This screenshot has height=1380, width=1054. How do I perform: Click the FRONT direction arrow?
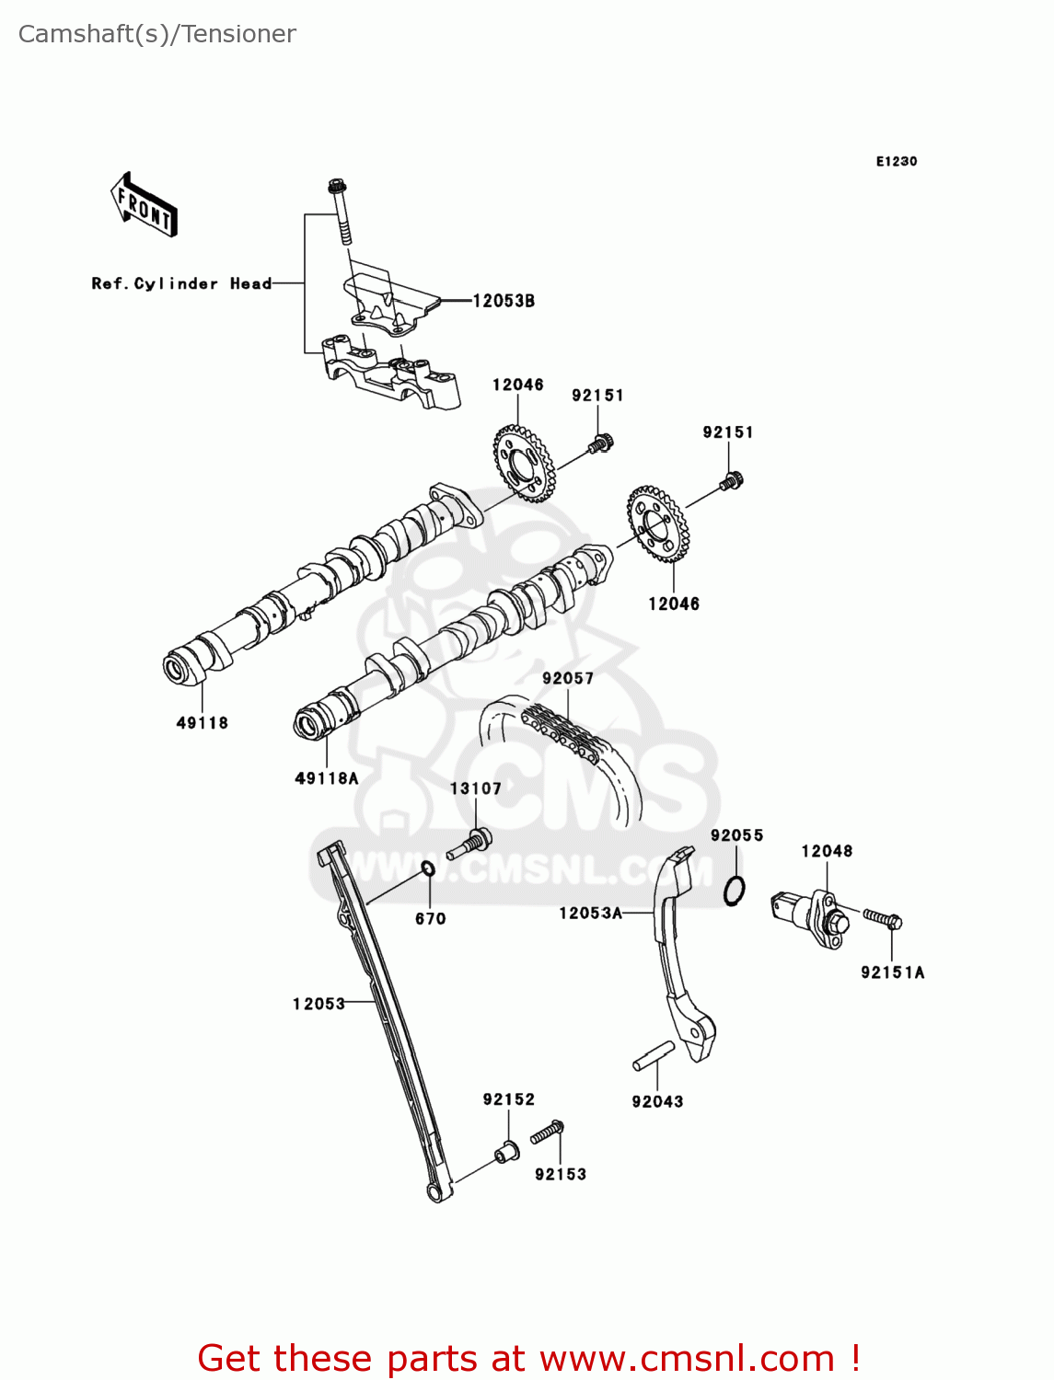click(144, 205)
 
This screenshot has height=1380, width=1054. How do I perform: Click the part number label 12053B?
click(503, 301)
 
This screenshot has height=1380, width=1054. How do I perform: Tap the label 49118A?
click(326, 778)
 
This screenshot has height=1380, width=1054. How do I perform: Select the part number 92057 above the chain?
click(568, 678)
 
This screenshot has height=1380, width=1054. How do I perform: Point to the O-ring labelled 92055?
click(734, 891)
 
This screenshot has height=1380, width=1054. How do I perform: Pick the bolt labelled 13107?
click(471, 844)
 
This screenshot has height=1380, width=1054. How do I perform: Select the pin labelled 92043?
click(654, 1056)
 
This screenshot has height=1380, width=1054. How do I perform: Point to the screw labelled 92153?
click(548, 1133)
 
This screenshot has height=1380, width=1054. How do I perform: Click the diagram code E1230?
click(896, 161)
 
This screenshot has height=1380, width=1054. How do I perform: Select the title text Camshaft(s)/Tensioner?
click(157, 34)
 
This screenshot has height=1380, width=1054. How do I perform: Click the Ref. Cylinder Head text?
click(181, 283)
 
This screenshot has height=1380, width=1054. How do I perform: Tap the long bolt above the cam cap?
click(341, 213)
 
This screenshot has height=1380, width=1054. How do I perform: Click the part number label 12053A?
click(590, 913)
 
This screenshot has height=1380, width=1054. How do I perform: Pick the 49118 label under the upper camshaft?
click(202, 723)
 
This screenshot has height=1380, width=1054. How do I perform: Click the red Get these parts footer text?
click(528, 1358)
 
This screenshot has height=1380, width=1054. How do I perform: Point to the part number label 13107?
click(475, 788)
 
